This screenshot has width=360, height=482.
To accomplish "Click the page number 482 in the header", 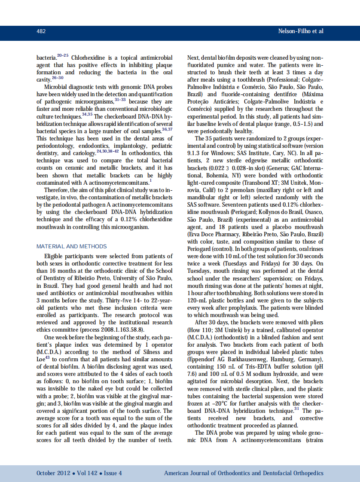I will pos(41,31).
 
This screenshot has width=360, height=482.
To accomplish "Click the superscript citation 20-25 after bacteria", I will pos(63,55).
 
